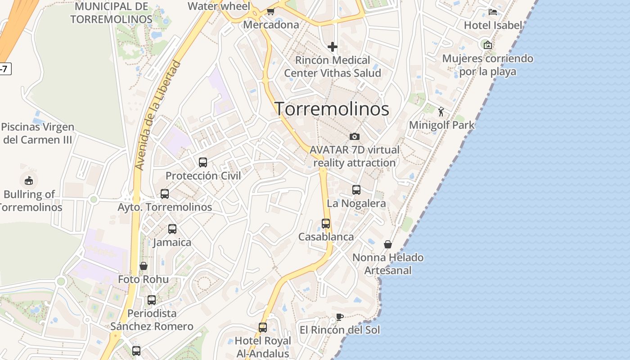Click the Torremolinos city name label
pyautogui.click(x=332, y=109)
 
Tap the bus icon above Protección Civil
pyautogui.click(x=203, y=162)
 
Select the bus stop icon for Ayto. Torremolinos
pyautogui.click(x=165, y=194)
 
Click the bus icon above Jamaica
pyautogui.click(x=172, y=229)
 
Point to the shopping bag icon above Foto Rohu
pyautogui.click(x=144, y=266)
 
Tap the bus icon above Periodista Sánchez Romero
pyautogui.click(x=152, y=300)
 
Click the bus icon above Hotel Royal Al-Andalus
pyautogui.click(x=263, y=328)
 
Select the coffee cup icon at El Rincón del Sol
pyautogui.click(x=340, y=317)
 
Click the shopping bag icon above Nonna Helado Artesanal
pyautogui.click(x=388, y=244)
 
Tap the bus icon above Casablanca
pyautogui.click(x=326, y=224)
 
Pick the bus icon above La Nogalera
pyautogui.click(x=356, y=190)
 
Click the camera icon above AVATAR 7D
pyautogui.click(x=355, y=136)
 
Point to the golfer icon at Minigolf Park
pyautogui.click(x=441, y=111)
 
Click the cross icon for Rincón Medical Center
pyautogui.click(x=333, y=47)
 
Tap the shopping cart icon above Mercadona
pyautogui.click(x=270, y=11)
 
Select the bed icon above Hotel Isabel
pyautogui.click(x=493, y=12)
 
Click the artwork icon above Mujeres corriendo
pyautogui.click(x=487, y=45)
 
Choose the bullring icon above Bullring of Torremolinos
pyautogui.click(x=29, y=181)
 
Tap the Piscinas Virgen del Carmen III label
pyautogui.click(x=37, y=133)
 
